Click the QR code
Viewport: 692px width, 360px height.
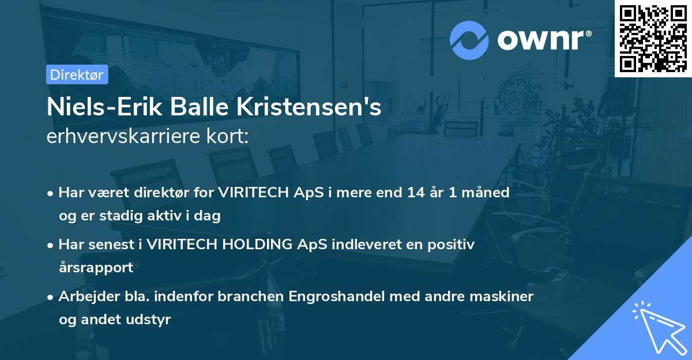coord(653,38)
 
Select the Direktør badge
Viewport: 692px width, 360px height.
coord(77,74)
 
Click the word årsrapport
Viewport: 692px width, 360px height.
coord(96,267)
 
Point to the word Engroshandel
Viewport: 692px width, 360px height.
coord(333,297)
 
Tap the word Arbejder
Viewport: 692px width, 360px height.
coord(85,297)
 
